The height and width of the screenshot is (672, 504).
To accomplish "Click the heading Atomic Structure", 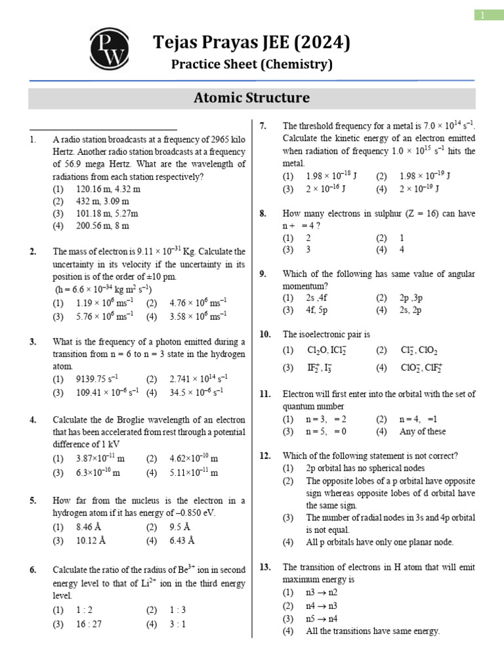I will tap(251, 98).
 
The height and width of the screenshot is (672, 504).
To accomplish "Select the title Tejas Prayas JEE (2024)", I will tap(251, 44).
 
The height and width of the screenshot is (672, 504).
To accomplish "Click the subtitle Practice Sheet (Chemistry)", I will tap(251, 64).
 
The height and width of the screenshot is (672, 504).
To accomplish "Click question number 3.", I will tap(33, 342).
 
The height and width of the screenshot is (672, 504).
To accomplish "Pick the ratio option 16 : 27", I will tap(89, 624).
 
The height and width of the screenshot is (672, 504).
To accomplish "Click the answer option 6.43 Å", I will tap(182, 541).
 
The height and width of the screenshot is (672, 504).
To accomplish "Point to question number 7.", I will tap(262, 125).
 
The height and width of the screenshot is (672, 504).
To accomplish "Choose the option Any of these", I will tap(422, 431).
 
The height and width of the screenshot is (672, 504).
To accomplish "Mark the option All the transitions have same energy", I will tap(372, 631).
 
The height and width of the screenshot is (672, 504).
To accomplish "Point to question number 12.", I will tap(265, 456).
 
